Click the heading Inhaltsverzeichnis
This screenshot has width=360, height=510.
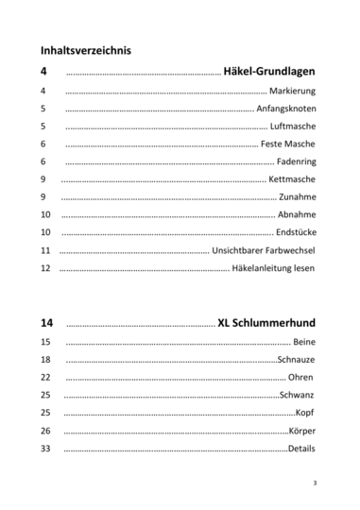point(86,49)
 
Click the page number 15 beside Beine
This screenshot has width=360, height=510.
point(46,342)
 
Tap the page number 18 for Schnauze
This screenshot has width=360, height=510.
point(46,360)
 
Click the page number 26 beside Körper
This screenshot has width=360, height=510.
point(46,431)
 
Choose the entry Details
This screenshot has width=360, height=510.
point(301,449)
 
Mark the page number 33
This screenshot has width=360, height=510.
point(46,449)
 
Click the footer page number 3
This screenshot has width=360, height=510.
point(314,483)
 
